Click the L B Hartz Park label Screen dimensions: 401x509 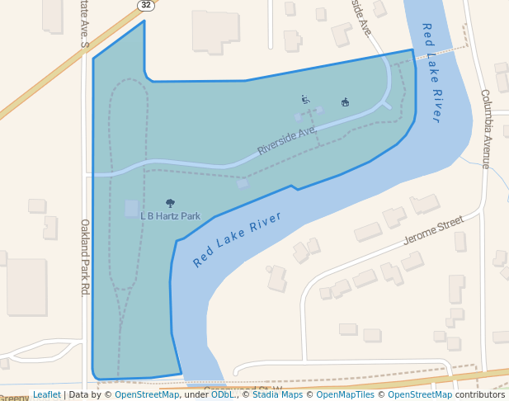tap(170, 216)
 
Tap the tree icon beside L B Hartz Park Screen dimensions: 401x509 tap(170, 202)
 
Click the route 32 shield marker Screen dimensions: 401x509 tap(145, 5)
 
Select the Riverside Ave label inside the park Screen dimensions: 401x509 tap(286, 141)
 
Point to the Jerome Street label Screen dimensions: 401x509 tap(434, 232)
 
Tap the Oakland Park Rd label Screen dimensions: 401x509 tap(84, 257)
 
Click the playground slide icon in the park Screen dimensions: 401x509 tap(305, 99)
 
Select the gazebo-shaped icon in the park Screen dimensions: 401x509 tap(345, 102)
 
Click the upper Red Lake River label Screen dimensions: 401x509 tap(432, 73)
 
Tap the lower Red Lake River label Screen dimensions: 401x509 tap(237, 239)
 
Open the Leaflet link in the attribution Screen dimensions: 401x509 tap(47, 394)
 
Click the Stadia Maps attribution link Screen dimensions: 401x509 tap(277, 394)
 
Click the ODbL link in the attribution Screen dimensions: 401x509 tap(223, 394)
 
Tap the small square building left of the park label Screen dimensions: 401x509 tap(131, 208)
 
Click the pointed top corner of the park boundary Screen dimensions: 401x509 tap(144, 21)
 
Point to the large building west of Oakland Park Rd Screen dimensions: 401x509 tap(26, 286)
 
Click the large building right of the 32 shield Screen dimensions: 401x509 tap(214, 31)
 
